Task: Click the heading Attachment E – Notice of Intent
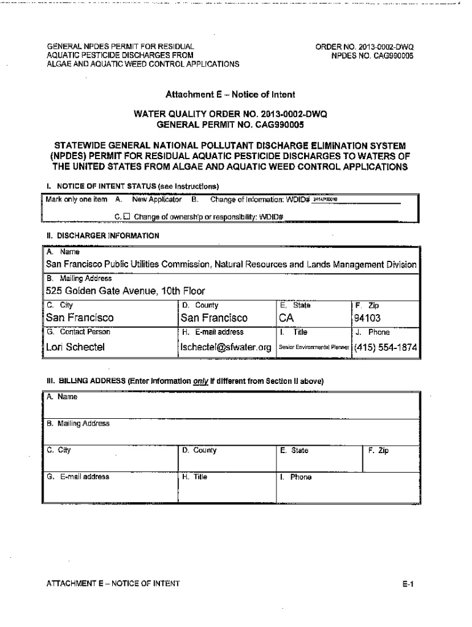[230, 95]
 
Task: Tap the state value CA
[286, 318]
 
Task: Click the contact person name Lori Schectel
[76, 347]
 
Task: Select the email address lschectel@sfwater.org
[226, 347]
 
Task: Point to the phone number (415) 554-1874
[386, 347]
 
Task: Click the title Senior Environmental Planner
[314, 348]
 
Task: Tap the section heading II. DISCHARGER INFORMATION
[103, 235]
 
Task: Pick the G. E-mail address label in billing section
[78, 476]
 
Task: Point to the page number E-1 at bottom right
[409, 584]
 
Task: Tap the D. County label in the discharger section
[200, 304]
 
